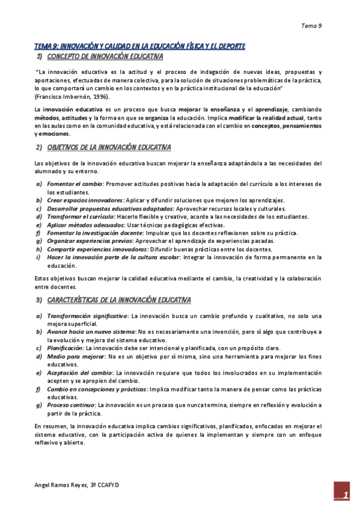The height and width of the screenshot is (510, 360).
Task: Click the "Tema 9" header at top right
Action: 311,26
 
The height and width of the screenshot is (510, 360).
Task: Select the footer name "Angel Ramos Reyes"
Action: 61,484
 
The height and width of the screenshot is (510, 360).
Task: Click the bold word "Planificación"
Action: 66,348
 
